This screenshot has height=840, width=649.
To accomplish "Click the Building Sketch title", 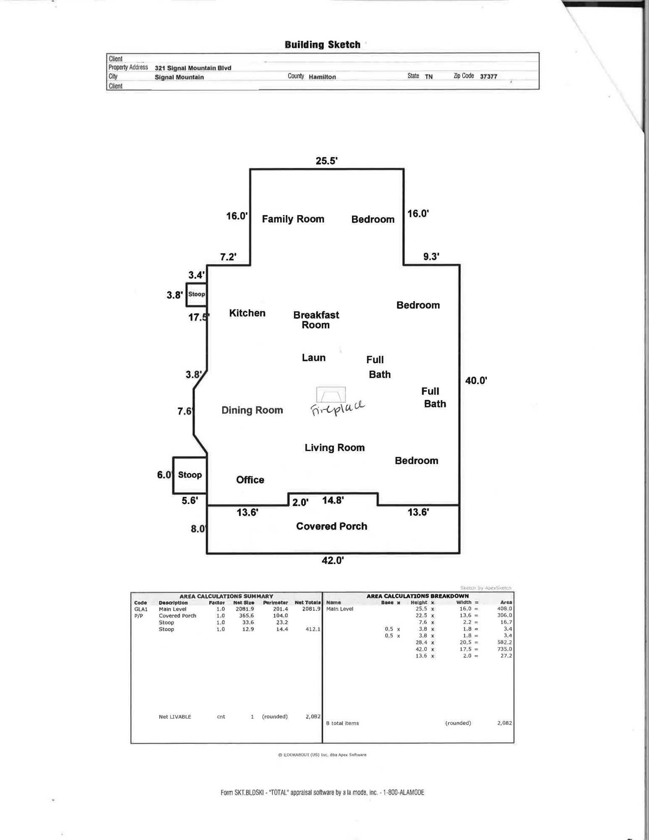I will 322,45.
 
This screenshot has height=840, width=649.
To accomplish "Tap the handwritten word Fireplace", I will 338,408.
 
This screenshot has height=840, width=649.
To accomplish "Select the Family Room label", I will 293,219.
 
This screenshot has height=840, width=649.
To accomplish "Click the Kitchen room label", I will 247,313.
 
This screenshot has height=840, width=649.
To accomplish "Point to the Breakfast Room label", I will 316,320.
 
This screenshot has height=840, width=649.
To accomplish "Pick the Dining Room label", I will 252,410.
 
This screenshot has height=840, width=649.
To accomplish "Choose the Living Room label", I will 334,448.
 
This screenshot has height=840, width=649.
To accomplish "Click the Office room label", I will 250,480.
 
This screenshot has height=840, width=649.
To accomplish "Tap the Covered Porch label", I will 331,526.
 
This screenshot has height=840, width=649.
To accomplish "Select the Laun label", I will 313,357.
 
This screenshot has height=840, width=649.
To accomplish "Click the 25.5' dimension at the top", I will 326,161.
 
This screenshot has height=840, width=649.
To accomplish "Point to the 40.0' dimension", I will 476,381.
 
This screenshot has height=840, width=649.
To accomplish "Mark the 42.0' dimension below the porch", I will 333,560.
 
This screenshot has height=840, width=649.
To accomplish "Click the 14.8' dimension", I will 333,500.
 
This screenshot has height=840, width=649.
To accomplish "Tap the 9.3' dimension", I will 431,257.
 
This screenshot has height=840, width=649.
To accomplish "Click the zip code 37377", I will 489,77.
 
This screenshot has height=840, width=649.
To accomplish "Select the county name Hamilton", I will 322,77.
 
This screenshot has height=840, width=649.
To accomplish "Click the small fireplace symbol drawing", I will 331,395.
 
